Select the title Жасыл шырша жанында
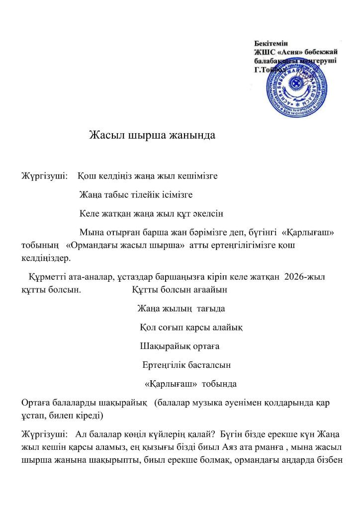point(152,135)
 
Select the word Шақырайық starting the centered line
point(163,346)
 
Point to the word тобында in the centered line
point(219,384)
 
